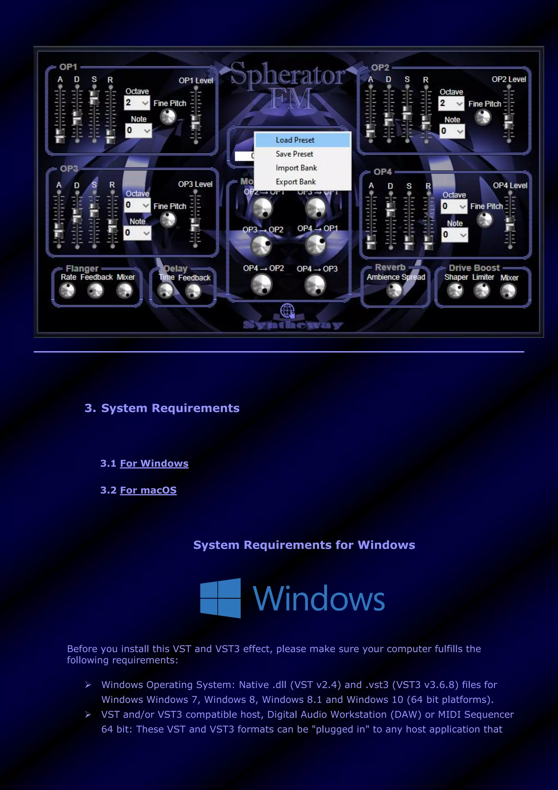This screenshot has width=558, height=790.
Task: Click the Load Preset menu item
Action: [x=295, y=140]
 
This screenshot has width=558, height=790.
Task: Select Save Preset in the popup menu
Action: [x=294, y=154]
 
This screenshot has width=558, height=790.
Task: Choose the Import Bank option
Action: [x=296, y=168]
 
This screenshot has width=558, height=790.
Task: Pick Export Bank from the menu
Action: [x=296, y=182]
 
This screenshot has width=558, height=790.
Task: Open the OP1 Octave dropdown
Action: [x=137, y=103]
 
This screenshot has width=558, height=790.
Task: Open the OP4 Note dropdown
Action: [x=454, y=235]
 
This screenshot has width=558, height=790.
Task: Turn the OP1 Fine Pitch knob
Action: [x=168, y=117]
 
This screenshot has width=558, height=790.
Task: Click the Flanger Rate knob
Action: [x=67, y=291]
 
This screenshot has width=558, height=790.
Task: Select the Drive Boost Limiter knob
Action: [x=482, y=291]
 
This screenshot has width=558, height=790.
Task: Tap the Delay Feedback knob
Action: [x=193, y=291]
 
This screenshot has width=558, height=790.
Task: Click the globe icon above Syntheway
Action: [x=287, y=311]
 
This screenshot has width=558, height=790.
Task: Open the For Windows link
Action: [x=154, y=463]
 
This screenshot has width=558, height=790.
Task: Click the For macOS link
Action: [x=148, y=490]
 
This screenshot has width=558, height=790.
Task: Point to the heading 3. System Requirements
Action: [x=162, y=408]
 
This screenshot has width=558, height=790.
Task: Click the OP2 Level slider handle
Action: [x=508, y=121]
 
